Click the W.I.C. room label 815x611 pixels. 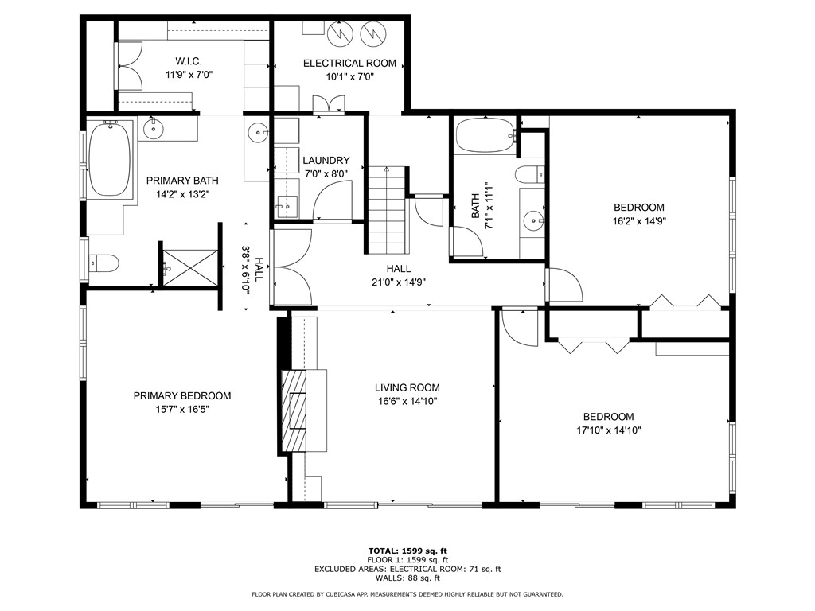[x=189, y=61]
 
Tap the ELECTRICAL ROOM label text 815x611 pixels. [x=349, y=64]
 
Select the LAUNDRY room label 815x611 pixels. [x=326, y=161]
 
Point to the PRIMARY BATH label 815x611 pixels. [x=182, y=181]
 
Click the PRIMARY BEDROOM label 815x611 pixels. [x=182, y=396]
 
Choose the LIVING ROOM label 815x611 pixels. [x=407, y=387]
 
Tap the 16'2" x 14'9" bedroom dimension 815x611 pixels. [x=639, y=221]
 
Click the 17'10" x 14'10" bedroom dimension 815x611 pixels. [x=609, y=430]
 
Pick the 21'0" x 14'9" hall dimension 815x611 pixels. [x=399, y=282]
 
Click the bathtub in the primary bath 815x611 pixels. [x=110, y=158]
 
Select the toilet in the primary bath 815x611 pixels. [x=103, y=263]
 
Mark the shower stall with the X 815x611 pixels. [x=190, y=267]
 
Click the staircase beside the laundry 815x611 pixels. [x=387, y=210]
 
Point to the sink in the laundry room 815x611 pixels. [x=287, y=206]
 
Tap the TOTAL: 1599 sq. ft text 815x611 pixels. [x=407, y=551]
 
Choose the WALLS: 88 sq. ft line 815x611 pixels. [x=407, y=578]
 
